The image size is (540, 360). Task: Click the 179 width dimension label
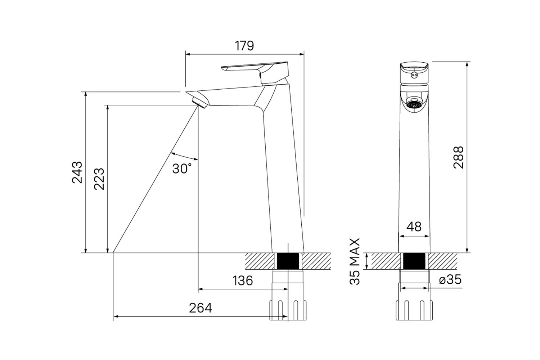pos(244,46)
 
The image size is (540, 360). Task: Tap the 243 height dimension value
pos(77,172)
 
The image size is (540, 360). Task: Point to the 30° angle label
pos(181,168)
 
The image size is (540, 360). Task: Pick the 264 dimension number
pos(201,308)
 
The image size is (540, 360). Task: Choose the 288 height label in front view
pos(458,157)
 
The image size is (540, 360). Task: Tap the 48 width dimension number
pos(414,226)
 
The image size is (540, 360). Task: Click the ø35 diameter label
pos(450,280)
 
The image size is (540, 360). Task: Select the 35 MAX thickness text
pos(355,261)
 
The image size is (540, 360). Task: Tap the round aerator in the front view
pos(414,105)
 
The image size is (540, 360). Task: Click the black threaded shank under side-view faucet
pos(288,261)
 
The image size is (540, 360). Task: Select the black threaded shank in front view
pos(414,261)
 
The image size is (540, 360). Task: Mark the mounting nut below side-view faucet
pos(288,309)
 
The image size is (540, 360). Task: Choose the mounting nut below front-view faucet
pos(414,309)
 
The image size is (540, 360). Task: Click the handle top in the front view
pos(414,71)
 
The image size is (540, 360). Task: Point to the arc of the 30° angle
pos(184,156)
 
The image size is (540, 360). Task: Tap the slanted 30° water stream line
pos(155,180)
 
